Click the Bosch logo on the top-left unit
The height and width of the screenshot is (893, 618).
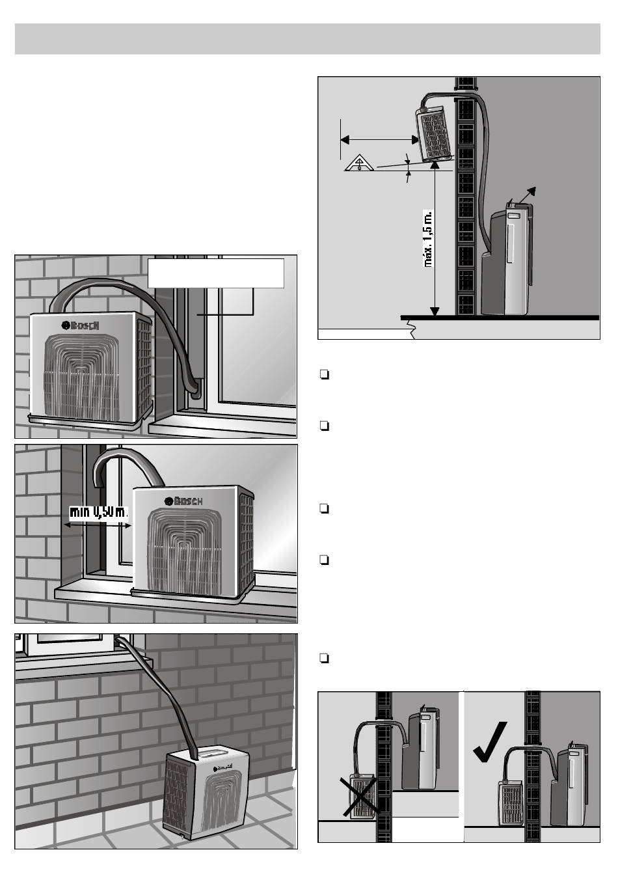click(81, 325)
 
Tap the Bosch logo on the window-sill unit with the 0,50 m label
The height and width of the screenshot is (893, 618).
click(184, 501)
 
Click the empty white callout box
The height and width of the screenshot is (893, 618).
click(216, 273)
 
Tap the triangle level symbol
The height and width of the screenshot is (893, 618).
click(358, 164)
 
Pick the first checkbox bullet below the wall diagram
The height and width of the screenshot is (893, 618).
click(323, 375)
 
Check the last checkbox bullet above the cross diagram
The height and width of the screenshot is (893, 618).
click(323, 658)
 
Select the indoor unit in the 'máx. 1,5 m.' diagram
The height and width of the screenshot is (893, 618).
click(509, 260)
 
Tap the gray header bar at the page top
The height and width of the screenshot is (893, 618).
click(308, 39)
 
